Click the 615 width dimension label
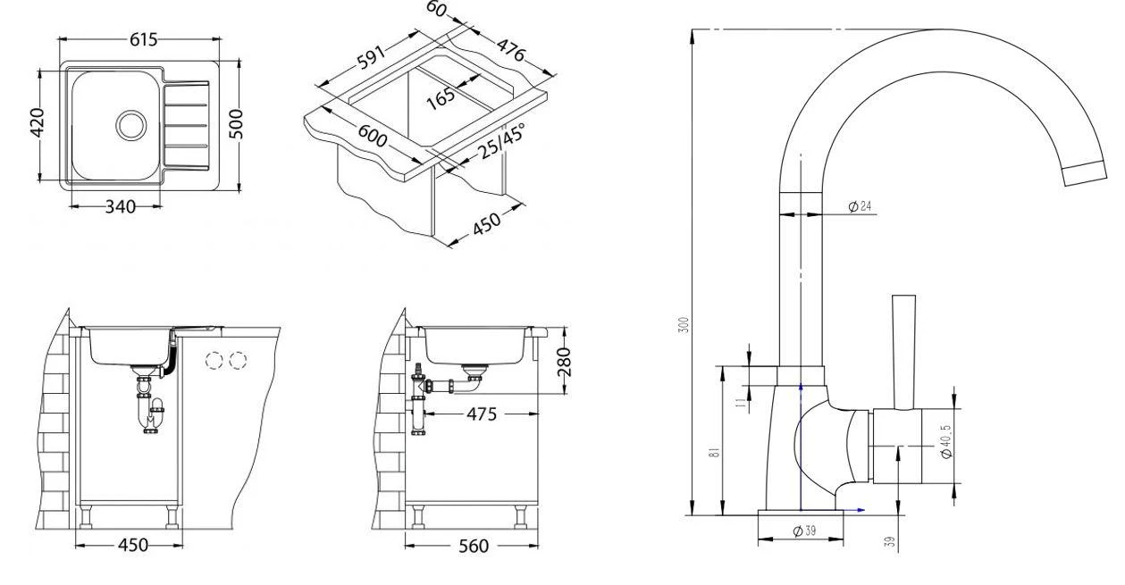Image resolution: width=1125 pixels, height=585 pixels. (143, 39)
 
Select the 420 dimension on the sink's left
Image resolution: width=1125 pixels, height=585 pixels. (37, 124)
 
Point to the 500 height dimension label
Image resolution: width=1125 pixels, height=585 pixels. (236, 124)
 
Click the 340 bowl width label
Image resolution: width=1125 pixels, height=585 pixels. (120, 207)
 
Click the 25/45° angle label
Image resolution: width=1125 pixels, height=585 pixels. (500, 141)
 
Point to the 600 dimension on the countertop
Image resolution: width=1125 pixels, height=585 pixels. (372, 136)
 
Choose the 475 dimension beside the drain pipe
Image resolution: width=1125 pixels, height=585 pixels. (483, 414)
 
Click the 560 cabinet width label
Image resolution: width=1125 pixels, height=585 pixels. (472, 545)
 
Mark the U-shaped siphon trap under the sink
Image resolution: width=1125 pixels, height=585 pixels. (152, 412)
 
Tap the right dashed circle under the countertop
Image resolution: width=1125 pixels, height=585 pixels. (238, 361)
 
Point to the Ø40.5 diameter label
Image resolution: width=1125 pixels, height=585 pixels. (946, 440)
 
